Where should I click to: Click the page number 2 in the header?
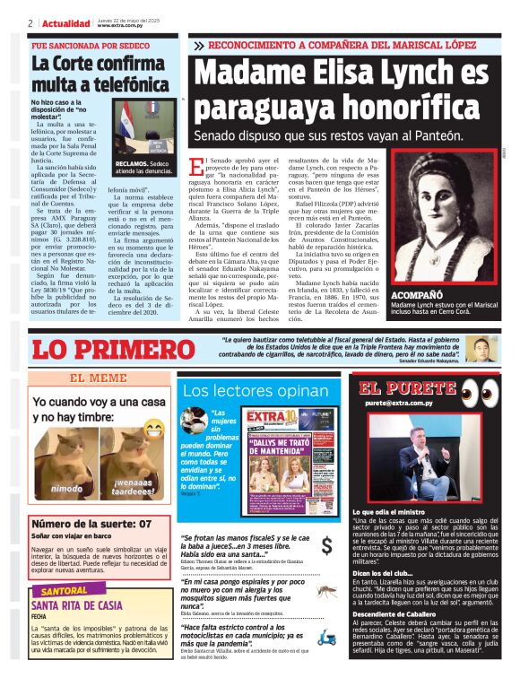click(x=30, y=23)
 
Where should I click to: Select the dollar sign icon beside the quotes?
click(x=326, y=544)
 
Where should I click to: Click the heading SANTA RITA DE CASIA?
click(x=76, y=606)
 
